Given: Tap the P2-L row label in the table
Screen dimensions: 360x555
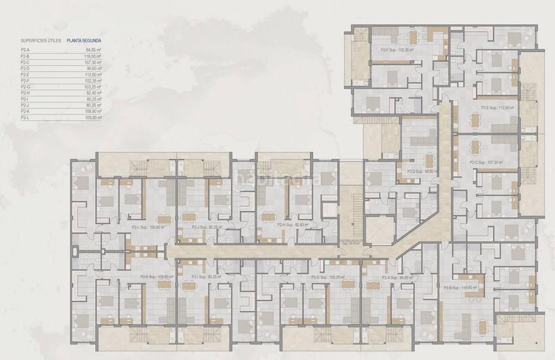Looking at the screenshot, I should tap(26, 117).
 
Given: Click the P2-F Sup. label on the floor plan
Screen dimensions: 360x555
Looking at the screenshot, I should tap(397, 50).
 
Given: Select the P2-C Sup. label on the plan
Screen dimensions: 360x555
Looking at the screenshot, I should tap(486, 162).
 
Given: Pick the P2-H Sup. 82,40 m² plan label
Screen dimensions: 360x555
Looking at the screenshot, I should tap(291, 225).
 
